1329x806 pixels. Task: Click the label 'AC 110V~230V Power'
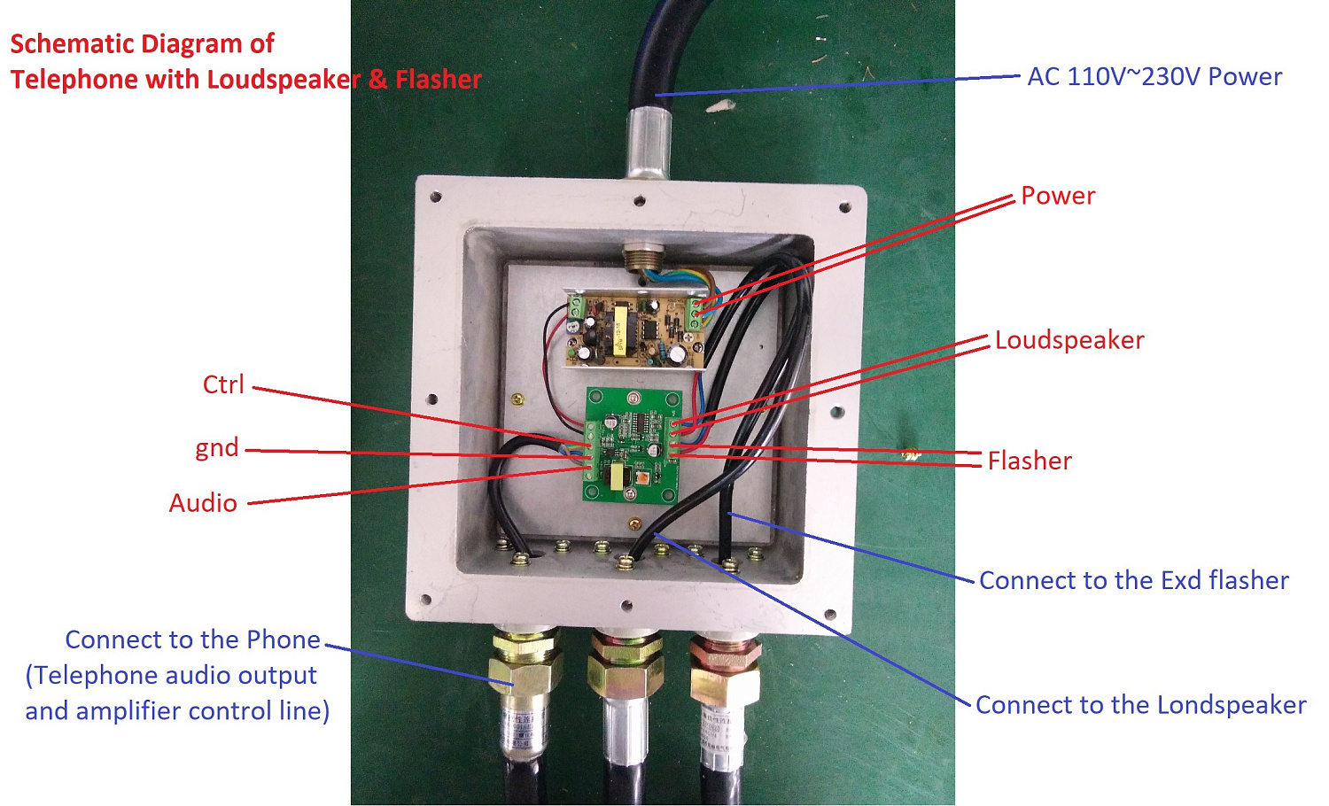pyautogui.click(x=1154, y=77)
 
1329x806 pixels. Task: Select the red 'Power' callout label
pyautogui.click(x=1058, y=196)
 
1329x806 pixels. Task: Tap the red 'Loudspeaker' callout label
pyautogui.click(x=1069, y=340)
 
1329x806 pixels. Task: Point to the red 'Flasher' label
pyautogui.click(x=1030, y=461)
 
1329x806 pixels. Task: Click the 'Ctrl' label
pyautogui.click(x=223, y=385)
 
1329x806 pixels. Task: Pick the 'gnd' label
pyautogui.click(x=217, y=447)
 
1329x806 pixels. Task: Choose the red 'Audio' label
pyautogui.click(x=203, y=503)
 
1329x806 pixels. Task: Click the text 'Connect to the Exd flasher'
pyautogui.click(x=1133, y=581)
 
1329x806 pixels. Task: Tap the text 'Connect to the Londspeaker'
pyautogui.click(x=1140, y=705)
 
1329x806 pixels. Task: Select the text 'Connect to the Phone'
pyautogui.click(x=192, y=639)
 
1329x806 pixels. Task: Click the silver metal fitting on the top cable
pyautogui.click(x=648, y=142)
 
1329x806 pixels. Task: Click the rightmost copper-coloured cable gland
pyautogui.click(x=725, y=670)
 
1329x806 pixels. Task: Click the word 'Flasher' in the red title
pyautogui.click(x=438, y=80)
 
